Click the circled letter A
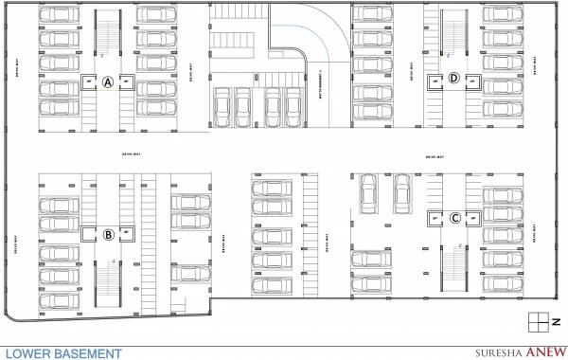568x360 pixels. click(x=108, y=82)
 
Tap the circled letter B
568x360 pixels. click(x=108, y=233)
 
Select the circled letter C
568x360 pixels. click(x=455, y=217)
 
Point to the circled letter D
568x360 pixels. click(x=453, y=79)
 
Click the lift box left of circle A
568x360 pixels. click(x=89, y=82)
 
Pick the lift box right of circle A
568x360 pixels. click(x=126, y=82)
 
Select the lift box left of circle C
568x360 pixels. click(x=435, y=217)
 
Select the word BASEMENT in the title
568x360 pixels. click(x=87, y=352)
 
